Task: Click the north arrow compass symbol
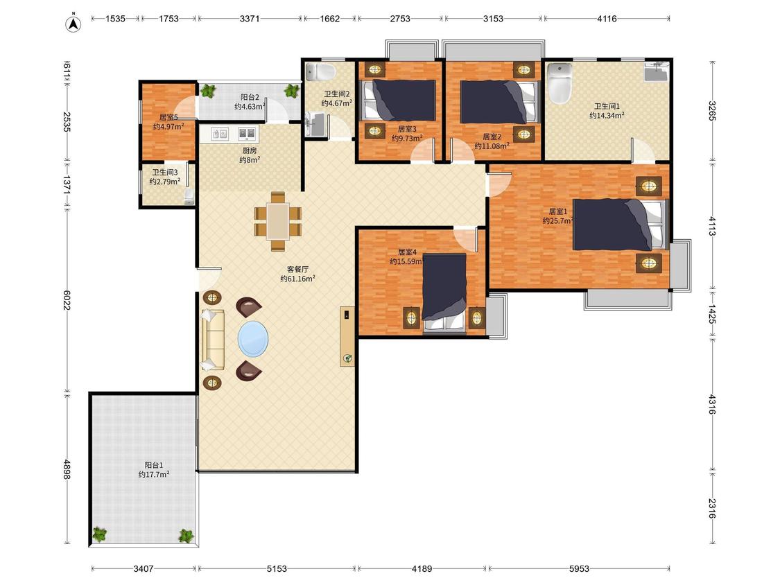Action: [73, 24]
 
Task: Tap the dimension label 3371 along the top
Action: [249, 19]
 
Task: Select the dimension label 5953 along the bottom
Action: [579, 568]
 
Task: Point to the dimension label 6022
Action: [67, 300]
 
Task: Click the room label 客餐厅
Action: [297, 269]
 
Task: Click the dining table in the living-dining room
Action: [278, 221]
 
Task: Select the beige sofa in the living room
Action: [213, 340]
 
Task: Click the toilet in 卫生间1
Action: [560, 83]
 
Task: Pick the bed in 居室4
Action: [444, 292]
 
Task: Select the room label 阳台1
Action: [154, 465]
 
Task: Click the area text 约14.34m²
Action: [607, 116]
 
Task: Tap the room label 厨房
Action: [249, 150]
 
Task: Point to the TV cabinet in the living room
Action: [347, 336]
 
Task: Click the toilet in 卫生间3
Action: [189, 196]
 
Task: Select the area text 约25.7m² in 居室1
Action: [557, 221]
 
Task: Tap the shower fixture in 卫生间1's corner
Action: [656, 71]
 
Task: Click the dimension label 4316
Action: [712, 404]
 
